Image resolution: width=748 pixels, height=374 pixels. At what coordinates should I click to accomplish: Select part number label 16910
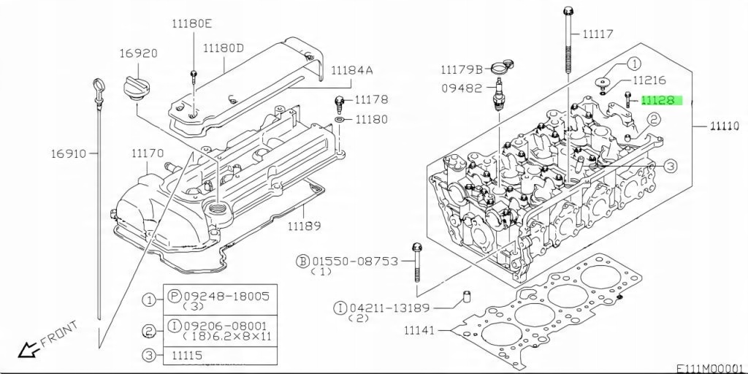tap(68, 154)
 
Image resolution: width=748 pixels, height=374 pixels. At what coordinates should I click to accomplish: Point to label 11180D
tap(224, 49)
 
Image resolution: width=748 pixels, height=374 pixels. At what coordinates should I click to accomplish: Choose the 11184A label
tap(351, 71)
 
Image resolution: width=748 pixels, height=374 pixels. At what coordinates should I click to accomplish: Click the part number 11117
tap(598, 34)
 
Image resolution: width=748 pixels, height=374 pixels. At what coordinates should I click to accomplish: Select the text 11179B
tap(461, 70)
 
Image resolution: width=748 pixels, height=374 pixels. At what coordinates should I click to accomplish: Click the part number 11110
tap(726, 126)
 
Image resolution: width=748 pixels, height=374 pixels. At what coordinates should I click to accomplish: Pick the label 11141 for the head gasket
tap(419, 331)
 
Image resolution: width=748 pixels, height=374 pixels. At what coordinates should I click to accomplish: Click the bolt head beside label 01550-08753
tap(417, 248)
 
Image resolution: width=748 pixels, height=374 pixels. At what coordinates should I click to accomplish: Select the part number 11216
tap(649, 81)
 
